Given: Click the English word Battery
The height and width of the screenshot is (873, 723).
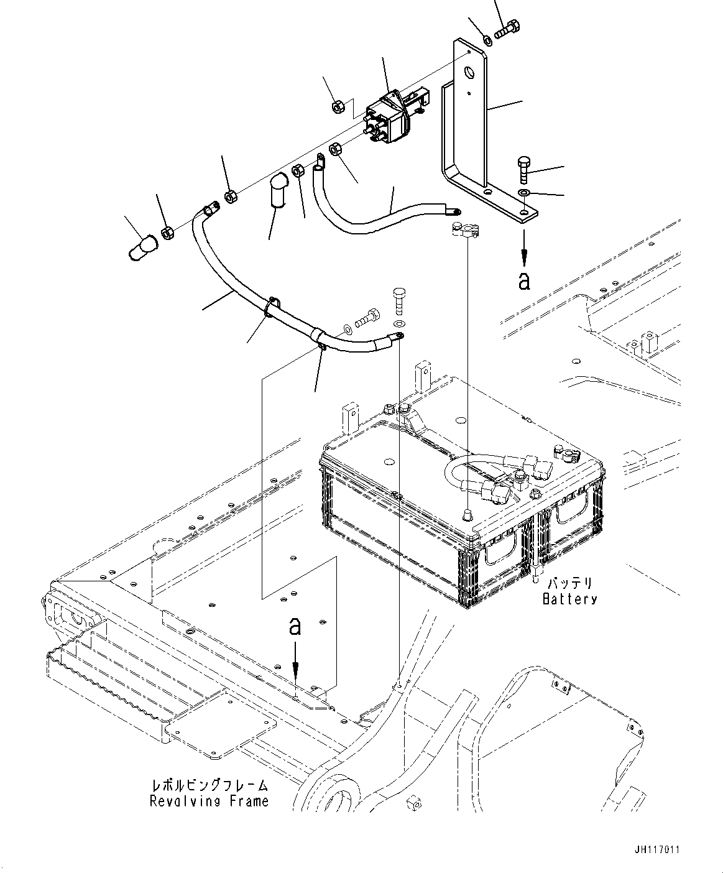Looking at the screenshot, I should coord(569,599).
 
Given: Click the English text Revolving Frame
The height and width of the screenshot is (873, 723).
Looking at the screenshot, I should coord(209,801).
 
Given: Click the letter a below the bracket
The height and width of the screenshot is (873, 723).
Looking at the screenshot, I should coord(525,280).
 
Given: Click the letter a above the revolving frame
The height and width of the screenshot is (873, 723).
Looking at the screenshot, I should coord(296,626).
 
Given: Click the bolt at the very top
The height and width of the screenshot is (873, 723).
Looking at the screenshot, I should coord(507,28).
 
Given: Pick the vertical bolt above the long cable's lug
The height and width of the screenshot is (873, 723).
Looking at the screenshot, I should coord(399,300).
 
